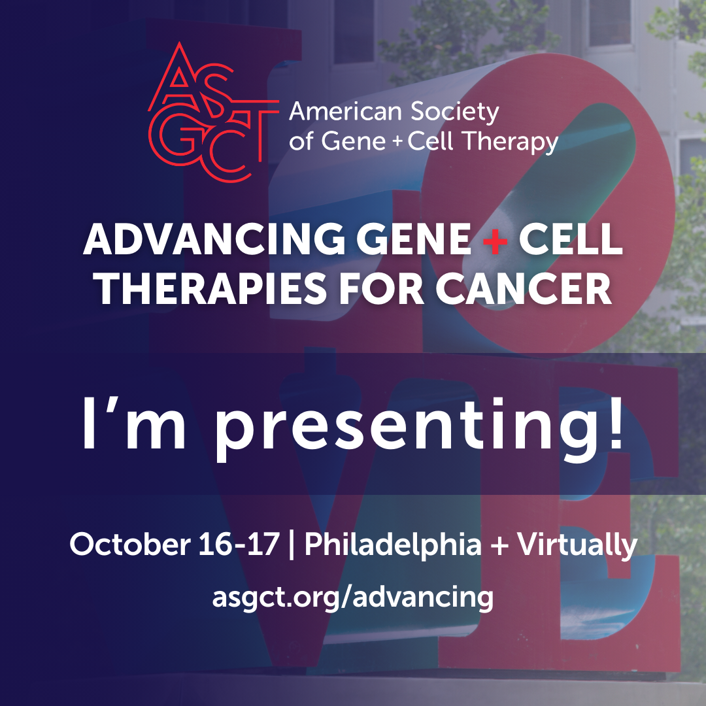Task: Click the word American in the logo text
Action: (345, 111)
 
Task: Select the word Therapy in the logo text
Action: (511, 141)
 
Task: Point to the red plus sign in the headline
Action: (495, 239)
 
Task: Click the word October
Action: (130, 544)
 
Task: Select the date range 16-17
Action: (239, 544)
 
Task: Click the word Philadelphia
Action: (393, 545)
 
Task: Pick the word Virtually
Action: (577, 545)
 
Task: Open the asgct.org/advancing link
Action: (353, 597)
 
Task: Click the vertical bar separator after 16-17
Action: (292, 545)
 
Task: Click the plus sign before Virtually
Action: (499, 545)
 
